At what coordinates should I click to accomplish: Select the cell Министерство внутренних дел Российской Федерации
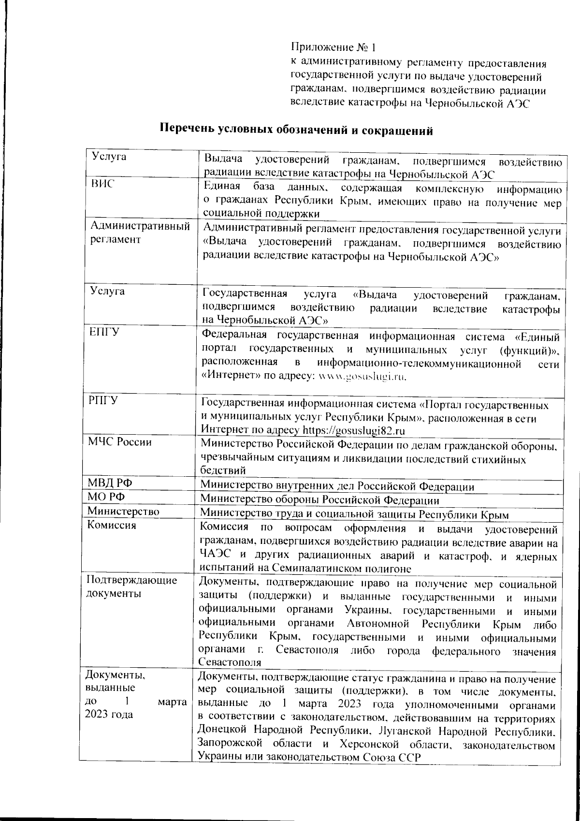click(x=337, y=486)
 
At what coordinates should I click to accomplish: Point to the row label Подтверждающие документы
click(x=131, y=586)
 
